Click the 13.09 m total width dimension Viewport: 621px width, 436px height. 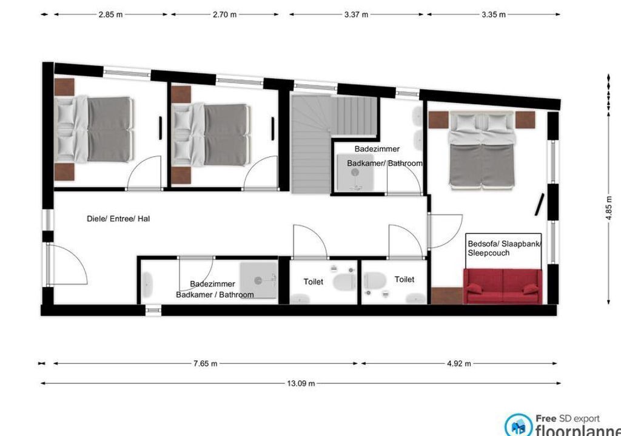point(301,383)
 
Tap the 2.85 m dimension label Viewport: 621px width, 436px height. point(110,15)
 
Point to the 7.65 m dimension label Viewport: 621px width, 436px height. point(205,363)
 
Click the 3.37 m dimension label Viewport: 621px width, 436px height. point(356,15)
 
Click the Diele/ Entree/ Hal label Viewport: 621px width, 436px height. point(118,219)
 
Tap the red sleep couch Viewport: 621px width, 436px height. point(503,286)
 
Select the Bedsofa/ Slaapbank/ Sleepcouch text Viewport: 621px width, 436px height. point(504,248)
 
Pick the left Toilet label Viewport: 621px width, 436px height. point(314,282)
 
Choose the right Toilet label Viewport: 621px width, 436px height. point(404,279)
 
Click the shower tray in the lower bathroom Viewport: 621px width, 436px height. point(258,280)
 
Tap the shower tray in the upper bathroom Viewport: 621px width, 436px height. point(355,173)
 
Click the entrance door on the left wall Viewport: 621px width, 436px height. point(67,264)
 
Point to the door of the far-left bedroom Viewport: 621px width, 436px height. point(144,174)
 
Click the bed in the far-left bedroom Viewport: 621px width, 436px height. point(94,130)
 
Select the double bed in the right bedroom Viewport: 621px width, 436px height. point(482,149)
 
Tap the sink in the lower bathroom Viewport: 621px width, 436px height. point(147,285)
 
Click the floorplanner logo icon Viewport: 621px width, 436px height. point(519,425)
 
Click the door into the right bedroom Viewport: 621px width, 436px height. point(445,231)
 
